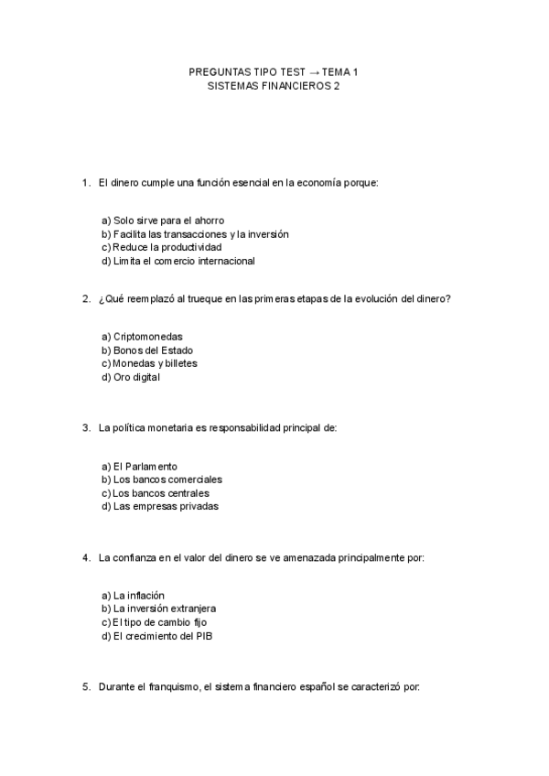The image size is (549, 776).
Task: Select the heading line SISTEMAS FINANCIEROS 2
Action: pyautogui.click(x=274, y=85)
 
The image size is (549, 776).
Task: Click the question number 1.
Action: pyautogui.click(x=85, y=183)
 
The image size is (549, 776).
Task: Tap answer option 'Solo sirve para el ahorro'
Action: pyautogui.click(x=163, y=221)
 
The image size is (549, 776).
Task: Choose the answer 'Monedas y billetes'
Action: pyautogui.click(x=149, y=363)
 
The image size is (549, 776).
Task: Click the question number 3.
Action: pyautogui.click(x=85, y=427)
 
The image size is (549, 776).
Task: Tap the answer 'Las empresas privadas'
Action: pyautogui.click(x=160, y=506)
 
